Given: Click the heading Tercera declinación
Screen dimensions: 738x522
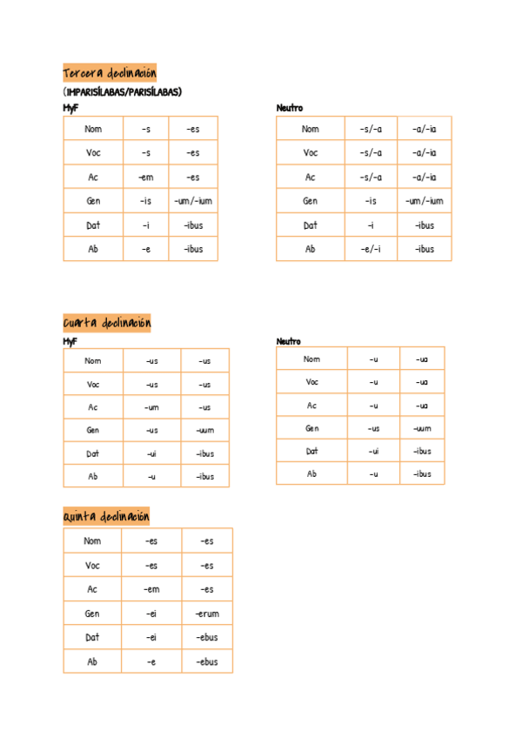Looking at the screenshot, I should [110, 73].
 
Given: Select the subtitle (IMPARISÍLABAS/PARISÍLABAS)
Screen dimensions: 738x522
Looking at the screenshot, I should [122, 91].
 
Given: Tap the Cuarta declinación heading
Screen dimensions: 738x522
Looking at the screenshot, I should [107, 324].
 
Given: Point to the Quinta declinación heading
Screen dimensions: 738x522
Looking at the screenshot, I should [107, 517].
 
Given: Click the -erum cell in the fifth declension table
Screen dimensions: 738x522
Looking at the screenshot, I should [207, 614].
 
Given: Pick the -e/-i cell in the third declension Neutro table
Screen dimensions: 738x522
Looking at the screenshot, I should [371, 249].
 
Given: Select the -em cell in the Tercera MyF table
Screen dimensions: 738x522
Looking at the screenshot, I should [145, 178].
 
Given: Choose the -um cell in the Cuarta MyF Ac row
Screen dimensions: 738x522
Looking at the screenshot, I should [151, 407].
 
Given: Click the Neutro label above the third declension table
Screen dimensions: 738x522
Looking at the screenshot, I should [290, 108].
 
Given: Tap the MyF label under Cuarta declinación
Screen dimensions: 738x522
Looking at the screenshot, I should [70, 342].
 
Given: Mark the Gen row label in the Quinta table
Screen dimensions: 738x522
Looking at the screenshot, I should [92, 614].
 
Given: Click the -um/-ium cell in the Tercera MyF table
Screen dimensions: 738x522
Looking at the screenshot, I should [193, 201].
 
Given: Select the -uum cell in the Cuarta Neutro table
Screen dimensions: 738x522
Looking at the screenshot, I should [422, 428].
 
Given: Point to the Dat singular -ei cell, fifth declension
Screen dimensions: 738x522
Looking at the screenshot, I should [151, 637].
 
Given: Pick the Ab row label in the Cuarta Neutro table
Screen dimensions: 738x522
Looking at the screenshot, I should [311, 474].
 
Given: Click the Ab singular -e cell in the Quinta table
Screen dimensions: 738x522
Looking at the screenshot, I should [151, 661].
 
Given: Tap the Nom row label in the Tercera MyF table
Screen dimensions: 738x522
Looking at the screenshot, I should [93, 129].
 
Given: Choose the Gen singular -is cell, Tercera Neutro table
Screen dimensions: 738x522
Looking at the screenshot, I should [371, 201].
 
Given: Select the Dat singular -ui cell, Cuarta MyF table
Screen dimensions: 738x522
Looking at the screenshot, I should [151, 453].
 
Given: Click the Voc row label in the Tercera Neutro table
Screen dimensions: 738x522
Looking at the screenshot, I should [311, 153].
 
